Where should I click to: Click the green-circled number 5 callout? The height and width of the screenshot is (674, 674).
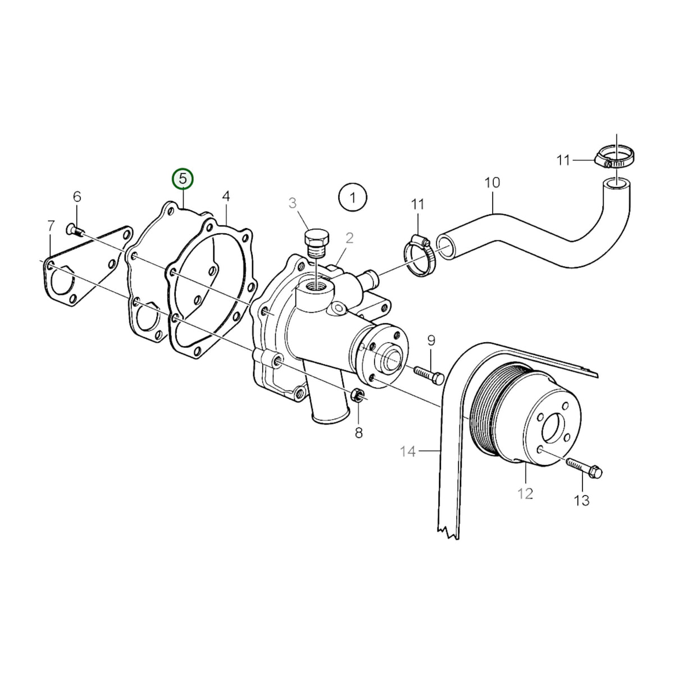(x=182, y=179)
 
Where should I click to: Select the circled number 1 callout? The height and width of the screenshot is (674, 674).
(x=353, y=197)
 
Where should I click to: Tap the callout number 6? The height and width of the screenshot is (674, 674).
(x=77, y=197)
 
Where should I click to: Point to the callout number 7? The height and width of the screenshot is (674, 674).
(x=51, y=226)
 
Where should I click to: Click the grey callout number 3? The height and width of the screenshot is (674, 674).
(x=293, y=203)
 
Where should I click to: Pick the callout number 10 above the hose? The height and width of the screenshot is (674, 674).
(x=493, y=183)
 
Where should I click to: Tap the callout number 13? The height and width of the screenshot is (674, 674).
(x=582, y=500)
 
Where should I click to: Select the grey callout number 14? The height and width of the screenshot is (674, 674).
(x=407, y=452)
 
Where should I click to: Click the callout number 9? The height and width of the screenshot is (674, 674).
(x=431, y=340)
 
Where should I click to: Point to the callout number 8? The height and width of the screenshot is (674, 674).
(x=359, y=434)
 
